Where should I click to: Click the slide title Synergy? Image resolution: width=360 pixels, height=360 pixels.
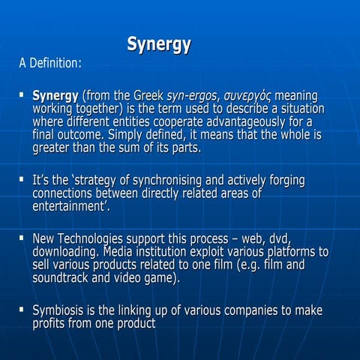(158, 43)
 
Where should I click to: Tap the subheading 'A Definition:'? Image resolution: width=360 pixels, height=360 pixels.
(49, 64)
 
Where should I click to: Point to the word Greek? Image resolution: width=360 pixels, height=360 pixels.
(151, 96)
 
